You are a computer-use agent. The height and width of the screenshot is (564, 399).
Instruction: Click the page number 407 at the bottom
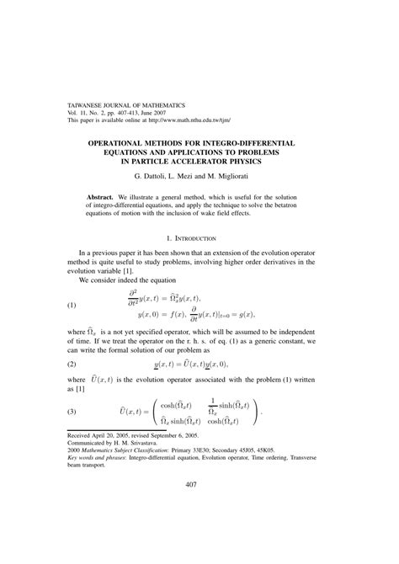199,507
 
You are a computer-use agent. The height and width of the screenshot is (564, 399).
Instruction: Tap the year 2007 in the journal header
166,114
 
